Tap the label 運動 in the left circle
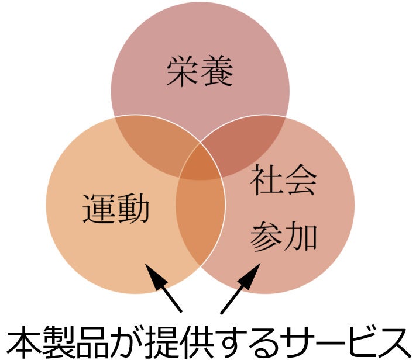pos(116,209)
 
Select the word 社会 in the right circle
pos(284,181)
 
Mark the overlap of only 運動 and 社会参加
pos(201,222)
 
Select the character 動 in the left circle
pos(133,209)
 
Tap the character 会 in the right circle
pos(301,181)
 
